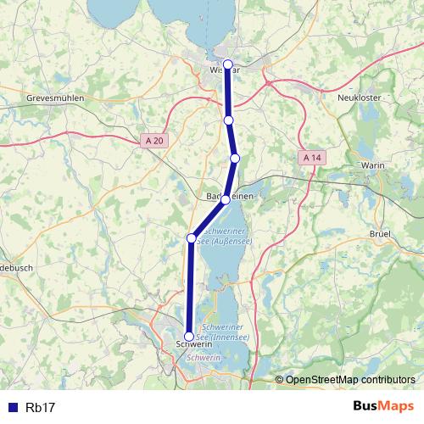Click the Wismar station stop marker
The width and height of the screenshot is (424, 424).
228,64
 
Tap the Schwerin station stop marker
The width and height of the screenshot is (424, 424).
188,337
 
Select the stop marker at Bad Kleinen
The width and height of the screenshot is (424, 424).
226,200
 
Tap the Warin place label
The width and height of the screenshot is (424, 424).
373,165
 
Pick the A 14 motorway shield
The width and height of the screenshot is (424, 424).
312,158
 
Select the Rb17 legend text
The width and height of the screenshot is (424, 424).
41,408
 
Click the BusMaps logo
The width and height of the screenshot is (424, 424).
383,407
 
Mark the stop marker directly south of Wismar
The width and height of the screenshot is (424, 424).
228,120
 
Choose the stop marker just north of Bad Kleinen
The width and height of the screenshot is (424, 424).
235,159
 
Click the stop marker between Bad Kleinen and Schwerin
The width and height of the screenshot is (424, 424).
192,238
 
